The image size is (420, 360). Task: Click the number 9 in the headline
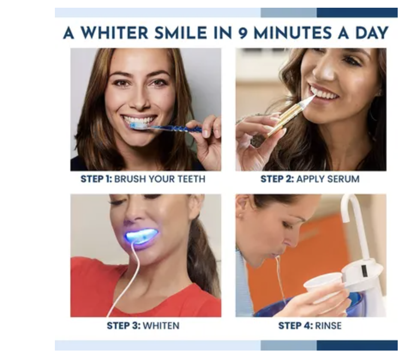coord(243,33)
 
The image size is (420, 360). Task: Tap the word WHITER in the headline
coord(115,33)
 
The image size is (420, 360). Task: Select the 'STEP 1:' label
coord(96,179)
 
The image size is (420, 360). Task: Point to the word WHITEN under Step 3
coord(161,326)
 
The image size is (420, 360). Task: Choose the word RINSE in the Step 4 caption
coord(328,326)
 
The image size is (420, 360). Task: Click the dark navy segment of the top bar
coord(357,12)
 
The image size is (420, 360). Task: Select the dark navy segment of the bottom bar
coord(357,345)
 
